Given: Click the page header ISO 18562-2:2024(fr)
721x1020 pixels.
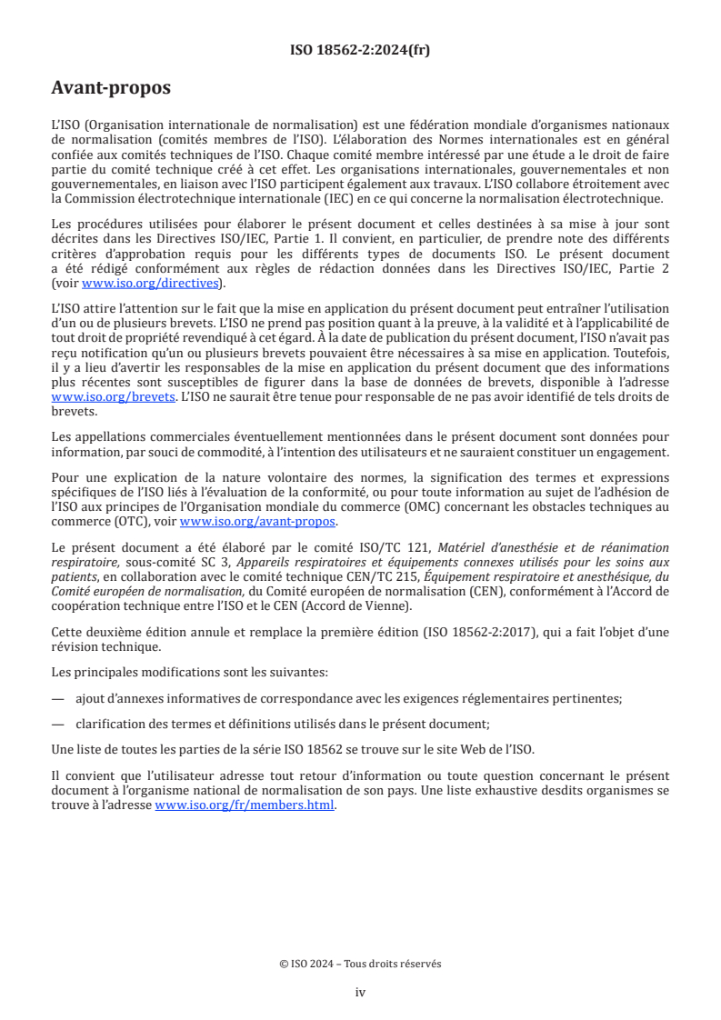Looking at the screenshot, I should tap(360, 50).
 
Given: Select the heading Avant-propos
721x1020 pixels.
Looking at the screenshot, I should tap(111, 89).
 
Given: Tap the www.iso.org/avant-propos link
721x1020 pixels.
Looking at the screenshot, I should tap(258, 522).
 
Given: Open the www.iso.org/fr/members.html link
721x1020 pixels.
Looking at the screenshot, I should tap(245, 805).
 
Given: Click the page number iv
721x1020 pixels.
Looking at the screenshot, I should tap(360, 992).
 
